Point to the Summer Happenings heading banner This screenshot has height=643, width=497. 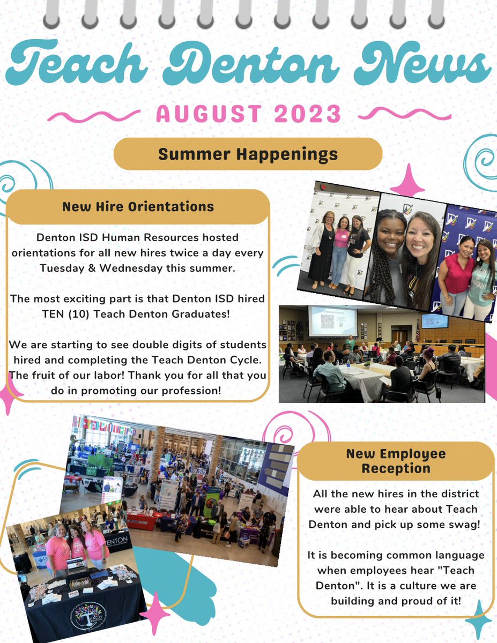248,154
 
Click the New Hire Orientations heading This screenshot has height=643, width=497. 138,207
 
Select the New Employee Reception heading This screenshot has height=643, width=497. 396,461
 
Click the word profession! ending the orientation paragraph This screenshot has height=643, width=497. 189,390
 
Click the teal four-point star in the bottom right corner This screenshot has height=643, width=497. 478,620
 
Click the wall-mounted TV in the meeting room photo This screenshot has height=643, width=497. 434,320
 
